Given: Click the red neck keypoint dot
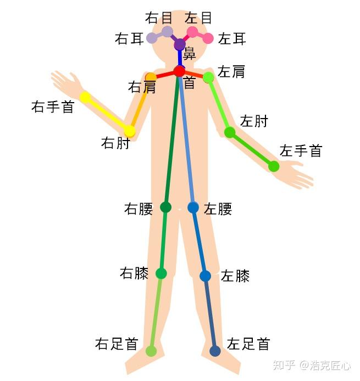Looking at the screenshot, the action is click(x=179, y=71).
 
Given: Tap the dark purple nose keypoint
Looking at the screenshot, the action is click(x=180, y=44).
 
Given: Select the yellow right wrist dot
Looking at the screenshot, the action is click(x=85, y=97).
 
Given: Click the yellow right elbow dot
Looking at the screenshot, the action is click(x=130, y=131).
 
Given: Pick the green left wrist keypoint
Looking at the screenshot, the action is click(x=274, y=166).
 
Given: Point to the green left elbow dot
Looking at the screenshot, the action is click(x=230, y=132).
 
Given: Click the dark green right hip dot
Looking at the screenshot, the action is click(x=166, y=207).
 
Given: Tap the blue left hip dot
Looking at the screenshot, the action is click(x=193, y=207).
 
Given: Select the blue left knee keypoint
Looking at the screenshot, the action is click(x=205, y=276).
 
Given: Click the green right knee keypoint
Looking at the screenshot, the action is click(x=161, y=273).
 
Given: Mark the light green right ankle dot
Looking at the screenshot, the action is click(x=151, y=351).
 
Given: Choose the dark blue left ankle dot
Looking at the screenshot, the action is click(x=215, y=351).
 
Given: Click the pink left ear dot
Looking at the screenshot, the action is click(x=208, y=38).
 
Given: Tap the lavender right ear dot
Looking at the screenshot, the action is click(x=152, y=38).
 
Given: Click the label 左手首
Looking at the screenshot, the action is click(x=301, y=150).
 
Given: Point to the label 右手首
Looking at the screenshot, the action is click(x=53, y=107).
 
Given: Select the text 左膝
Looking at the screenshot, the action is click(x=235, y=276).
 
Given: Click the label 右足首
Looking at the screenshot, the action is click(x=117, y=344).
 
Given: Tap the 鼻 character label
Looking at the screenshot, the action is click(x=190, y=54).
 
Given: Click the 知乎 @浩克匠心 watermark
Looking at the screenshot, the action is click(x=312, y=365).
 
